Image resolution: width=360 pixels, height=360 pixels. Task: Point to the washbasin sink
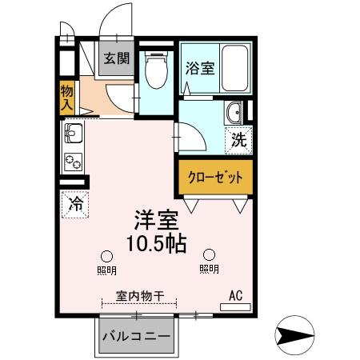click(x=234, y=114)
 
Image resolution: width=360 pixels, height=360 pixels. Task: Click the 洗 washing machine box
click(x=239, y=140)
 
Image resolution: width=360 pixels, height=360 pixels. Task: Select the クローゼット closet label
click(x=214, y=178)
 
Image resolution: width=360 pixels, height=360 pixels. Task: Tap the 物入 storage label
click(x=67, y=98)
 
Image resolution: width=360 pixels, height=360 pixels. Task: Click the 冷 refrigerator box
click(x=75, y=204)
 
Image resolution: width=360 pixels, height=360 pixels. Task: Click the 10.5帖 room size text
click(x=157, y=244)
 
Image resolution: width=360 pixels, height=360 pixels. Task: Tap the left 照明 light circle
click(x=106, y=254)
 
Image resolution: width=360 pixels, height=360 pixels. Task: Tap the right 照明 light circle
click(x=209, y=254)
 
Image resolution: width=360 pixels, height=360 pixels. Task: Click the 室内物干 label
click(x=140, y=297)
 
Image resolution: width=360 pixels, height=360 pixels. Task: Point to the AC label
click(x=236, y=296)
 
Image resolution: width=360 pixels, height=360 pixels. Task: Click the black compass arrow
click(x=296, y=334)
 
